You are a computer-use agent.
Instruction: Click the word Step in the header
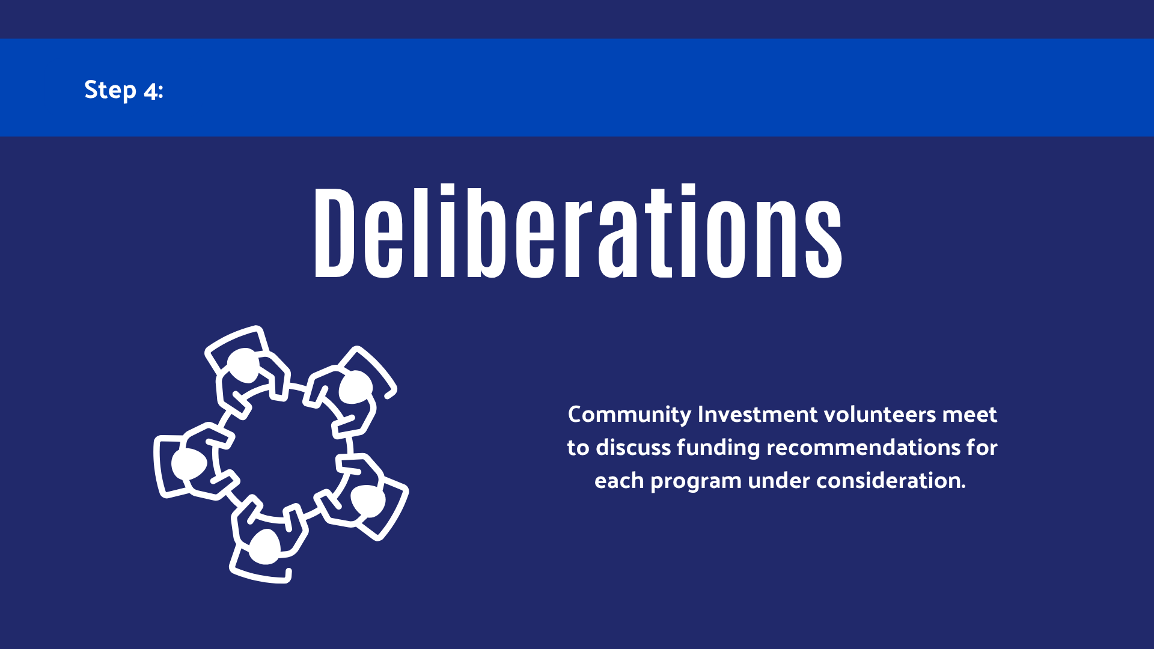(x=111, y=90)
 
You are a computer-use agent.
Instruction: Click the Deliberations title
(x=578, y=231)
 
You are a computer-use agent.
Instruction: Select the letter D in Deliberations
(x=334, y=233)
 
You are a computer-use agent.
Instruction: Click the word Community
(x=629, y=415)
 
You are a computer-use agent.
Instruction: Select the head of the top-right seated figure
(x=355, y=387)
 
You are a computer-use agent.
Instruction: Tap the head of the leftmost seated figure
(x=189, y=464)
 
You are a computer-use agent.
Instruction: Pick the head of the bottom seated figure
(x=264, y=547)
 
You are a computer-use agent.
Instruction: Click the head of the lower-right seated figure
(x=368, y=501)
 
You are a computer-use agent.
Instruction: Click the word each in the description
(x=619, y=481)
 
